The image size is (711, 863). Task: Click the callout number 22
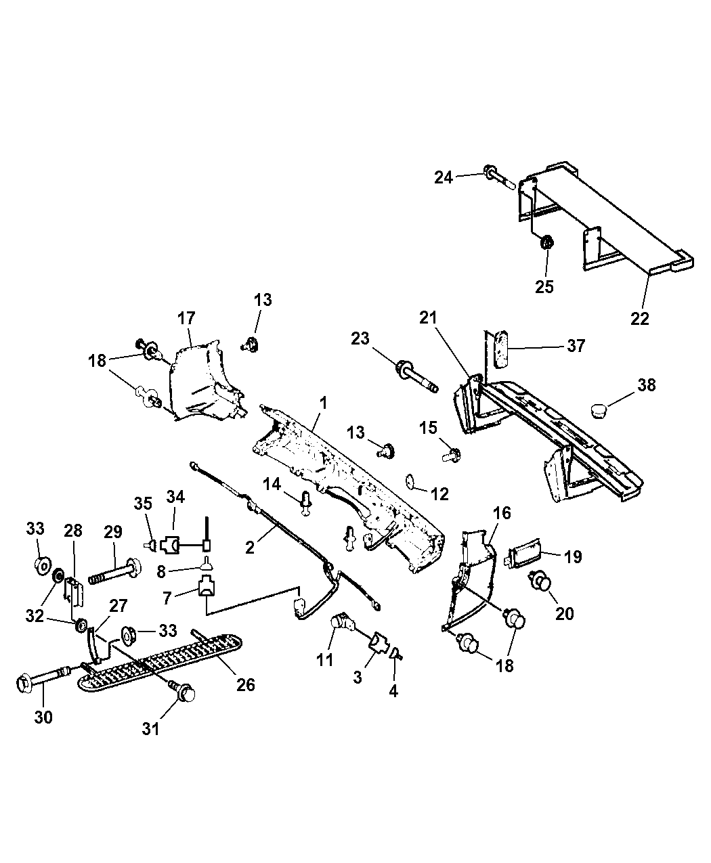point(639,317)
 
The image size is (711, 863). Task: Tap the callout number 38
point(647,385)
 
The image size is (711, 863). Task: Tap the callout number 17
point(186,317)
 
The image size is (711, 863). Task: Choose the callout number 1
point(324,403)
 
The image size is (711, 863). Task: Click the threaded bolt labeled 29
point(113,571)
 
